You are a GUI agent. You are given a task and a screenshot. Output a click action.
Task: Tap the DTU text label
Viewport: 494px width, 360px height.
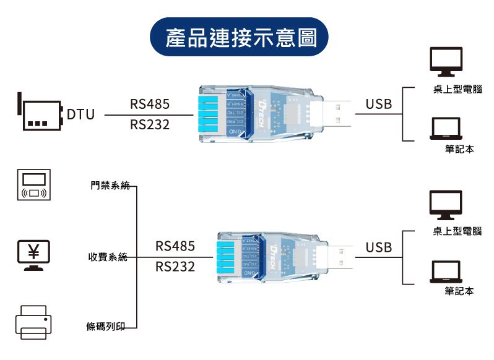80,114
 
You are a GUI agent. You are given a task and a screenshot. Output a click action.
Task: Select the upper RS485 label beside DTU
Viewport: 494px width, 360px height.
150,104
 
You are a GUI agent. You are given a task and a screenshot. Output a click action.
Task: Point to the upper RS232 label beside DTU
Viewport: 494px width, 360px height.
150,125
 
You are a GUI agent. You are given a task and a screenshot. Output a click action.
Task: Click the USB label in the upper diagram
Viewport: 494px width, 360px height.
378,104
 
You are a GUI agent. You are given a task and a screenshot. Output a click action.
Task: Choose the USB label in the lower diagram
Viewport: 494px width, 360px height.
378,247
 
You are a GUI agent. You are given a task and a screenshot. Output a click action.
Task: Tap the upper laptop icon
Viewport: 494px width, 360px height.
446,129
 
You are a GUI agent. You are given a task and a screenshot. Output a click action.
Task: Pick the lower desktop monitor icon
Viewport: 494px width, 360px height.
446,205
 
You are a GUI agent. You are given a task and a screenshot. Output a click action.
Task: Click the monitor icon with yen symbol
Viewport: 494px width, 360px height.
33,254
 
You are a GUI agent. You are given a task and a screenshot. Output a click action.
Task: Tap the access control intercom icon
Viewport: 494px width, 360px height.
33,184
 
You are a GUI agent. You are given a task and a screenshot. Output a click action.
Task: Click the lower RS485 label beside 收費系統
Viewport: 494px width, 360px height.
175,247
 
